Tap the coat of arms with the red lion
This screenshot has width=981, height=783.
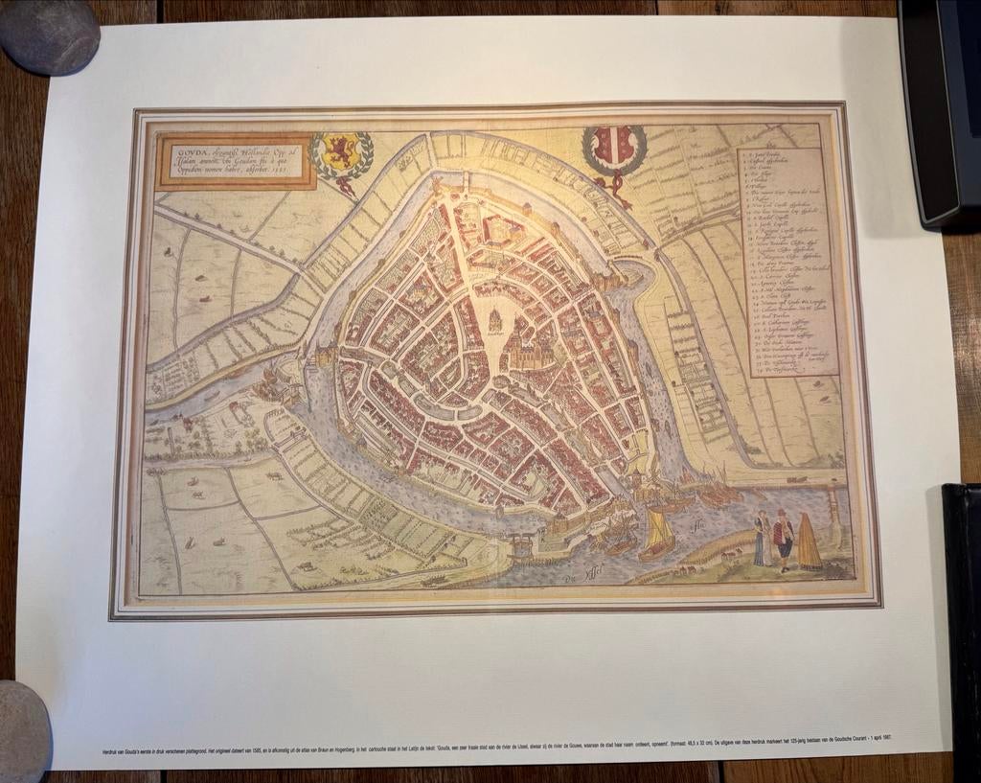pyautogui.click(x=341, y=154)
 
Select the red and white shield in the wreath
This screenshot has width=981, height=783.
pyautogui.click(x=613, y=149)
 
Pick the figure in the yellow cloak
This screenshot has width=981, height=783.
pyautogui.click(x=809, y=542)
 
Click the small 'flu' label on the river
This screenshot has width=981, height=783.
pyautogui.click(x=695, y=524)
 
